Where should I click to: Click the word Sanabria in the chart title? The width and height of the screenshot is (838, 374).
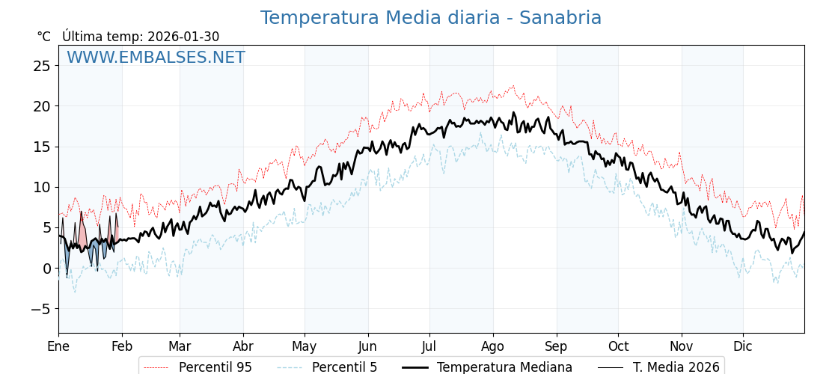[560, 18]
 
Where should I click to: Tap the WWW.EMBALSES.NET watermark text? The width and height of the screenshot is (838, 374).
[156, 58]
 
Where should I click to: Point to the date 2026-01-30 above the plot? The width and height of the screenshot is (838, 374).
[183, 37]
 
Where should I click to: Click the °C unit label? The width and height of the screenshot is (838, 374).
[43, 37]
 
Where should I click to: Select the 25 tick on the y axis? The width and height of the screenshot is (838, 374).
[42, 66]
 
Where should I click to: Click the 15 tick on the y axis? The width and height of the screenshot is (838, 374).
[42, 147]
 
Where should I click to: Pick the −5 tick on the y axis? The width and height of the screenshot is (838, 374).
[39, 309]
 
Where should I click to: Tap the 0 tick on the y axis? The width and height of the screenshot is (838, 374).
[46, 269]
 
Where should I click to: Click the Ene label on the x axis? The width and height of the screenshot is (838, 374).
[58, 346]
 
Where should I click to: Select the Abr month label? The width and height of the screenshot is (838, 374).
[243, 346]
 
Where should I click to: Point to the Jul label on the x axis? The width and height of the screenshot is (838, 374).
[429, 346]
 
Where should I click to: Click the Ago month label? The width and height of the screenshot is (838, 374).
[493, 346]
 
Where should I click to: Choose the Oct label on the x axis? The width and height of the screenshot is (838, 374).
[618, 346]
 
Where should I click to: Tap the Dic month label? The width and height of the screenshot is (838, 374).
[743, 346]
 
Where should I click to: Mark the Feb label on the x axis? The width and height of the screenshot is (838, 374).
[122, 346]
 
